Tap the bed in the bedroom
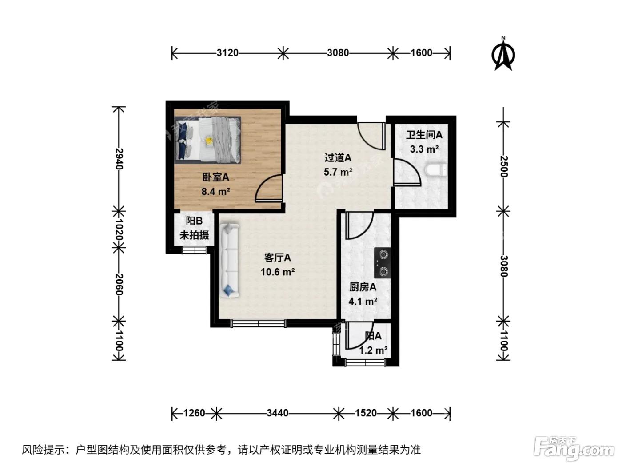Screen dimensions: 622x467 pyautogui.click(x=208, y=140)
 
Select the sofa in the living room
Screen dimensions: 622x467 pyautogui.click(x=229, y=260)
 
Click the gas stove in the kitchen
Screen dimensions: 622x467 pyautogui.click(x=383, y=263)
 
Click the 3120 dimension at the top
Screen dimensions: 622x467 pyautogui.click(x=227, y=53)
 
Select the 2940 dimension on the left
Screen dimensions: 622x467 pyautogui.click(x=119, y=159)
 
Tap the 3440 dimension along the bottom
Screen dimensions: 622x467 pyautogui.click(x=277, y=413)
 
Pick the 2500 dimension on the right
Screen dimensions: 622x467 pyautogui.click(x=503, y=166)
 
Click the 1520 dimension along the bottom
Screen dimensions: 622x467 pyautogui.click(x=366, y=413)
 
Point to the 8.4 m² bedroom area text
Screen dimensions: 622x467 pyautogui.click(x=215, y=192)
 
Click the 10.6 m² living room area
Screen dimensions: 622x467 pyautogui.click(x=278, y=272)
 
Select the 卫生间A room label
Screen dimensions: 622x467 pyautogui.click(x=424, y=135)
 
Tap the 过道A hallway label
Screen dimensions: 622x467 pyautogui.click(x=338, y=157)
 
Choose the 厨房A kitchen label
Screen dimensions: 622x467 pyautogui.click(x=363, y=287)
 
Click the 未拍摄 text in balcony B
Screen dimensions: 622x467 pyautogui.click(x=194, y=235)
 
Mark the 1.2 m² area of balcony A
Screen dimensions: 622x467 pyautogui.click(x=374, y=350)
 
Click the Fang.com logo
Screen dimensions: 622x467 pyautogui.click(x=574, y=449)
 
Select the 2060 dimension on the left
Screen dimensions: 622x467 pyautogui.click(x=119, y=284)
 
